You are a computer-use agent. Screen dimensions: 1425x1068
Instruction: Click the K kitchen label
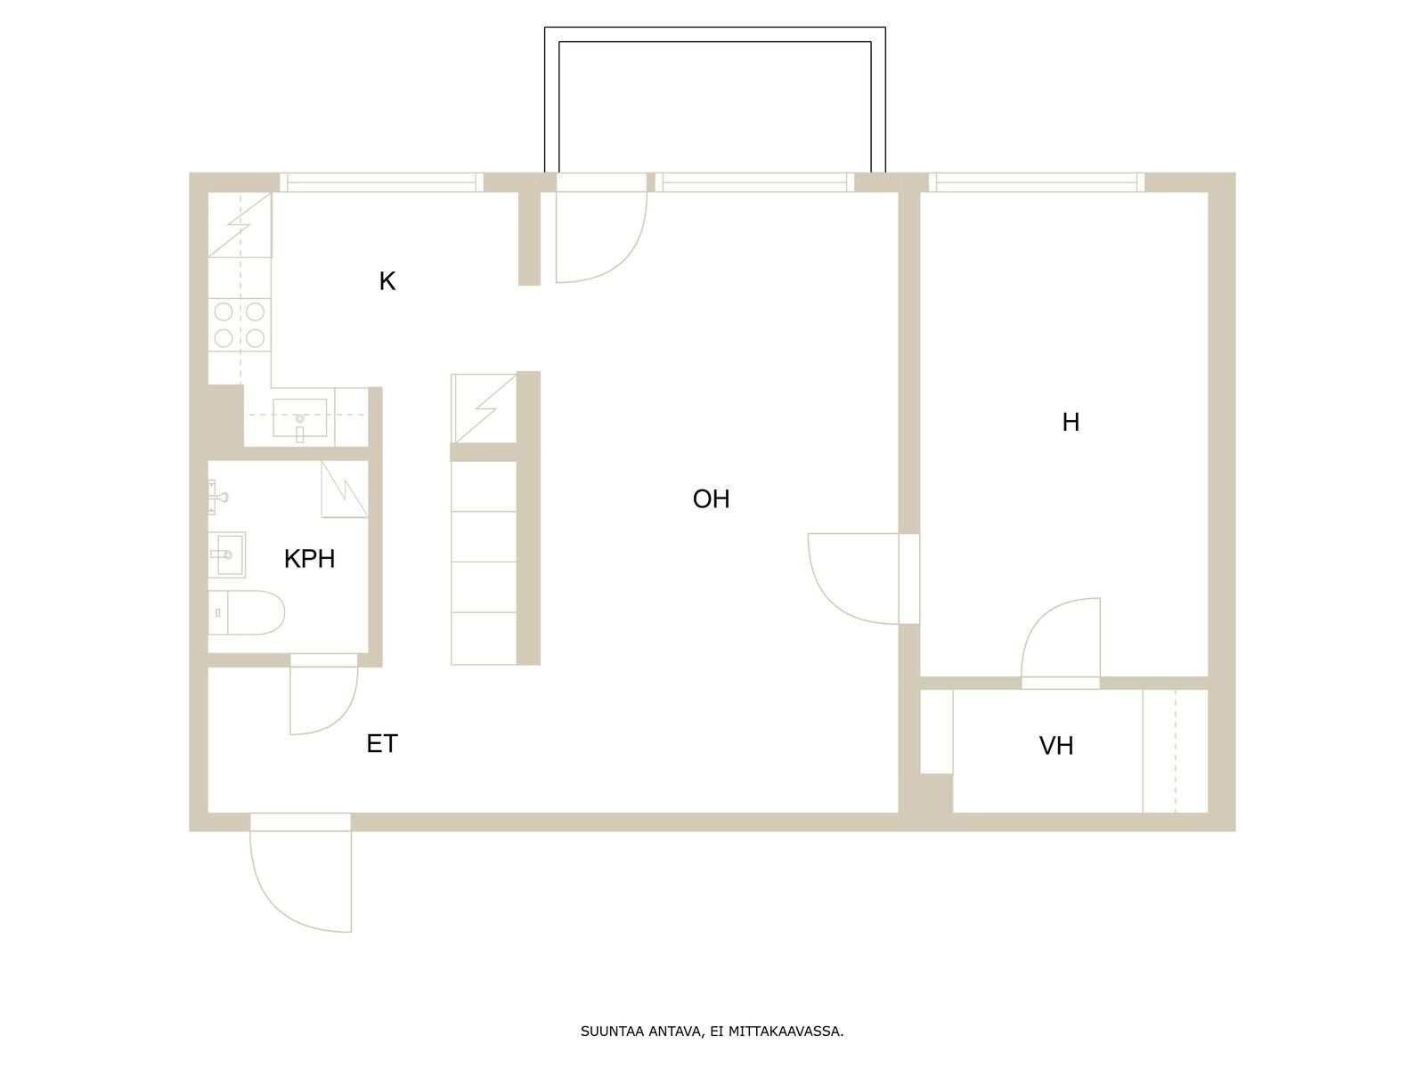pyautogui.click(x=387, y=281)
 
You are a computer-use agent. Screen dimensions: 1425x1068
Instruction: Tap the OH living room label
pyautogui.click(x=711, y=499)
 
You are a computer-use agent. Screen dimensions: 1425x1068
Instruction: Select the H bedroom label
pyautogui.click(x=1071, y=422)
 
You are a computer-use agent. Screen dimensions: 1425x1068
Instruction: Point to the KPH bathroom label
pyautogui.click(x=309, y=559)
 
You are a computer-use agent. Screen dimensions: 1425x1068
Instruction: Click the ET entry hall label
pyautogui.click(x=382, y=744)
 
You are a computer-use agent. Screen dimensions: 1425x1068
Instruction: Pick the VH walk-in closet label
pyautogui.click(x=1056, y=747)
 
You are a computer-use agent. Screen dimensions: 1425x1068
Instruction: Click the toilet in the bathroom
pyautogui.click(x=246, y=612)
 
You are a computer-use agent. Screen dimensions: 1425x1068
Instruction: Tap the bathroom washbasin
pyautogui.click(x=227, y=554)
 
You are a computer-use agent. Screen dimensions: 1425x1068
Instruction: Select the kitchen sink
pyautogui.click(x=299, y=418)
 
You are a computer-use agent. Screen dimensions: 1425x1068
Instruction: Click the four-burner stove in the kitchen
pyautogui.click(x=240, y=325)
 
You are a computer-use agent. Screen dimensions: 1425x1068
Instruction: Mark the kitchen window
pyautogui.click(x=382, y=182)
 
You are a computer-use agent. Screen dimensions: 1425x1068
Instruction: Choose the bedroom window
pyautogui.click(x=1037, y=182)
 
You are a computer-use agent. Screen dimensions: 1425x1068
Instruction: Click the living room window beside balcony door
pyautogui.click(x=755, y=182)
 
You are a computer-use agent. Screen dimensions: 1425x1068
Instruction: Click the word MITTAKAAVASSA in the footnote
pyautogui.click(x=786, y=1031)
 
